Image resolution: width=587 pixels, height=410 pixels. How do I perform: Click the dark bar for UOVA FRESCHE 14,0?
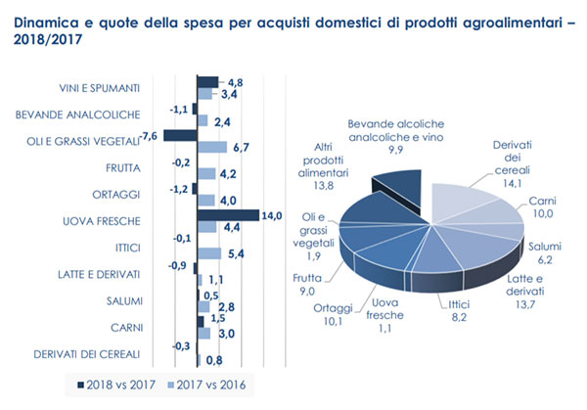227,214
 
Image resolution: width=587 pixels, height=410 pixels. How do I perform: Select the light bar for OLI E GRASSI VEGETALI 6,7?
212,148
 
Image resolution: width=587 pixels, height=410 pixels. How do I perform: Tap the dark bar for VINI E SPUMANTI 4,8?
207,81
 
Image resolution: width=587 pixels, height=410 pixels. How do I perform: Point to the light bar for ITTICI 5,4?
208,253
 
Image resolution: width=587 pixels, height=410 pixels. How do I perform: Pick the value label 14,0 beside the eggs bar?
270,214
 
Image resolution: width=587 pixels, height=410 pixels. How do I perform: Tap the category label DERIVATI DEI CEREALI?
87,353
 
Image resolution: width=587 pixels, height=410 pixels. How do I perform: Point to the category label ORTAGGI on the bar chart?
120,194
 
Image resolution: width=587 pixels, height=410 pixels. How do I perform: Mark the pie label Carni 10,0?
542,207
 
